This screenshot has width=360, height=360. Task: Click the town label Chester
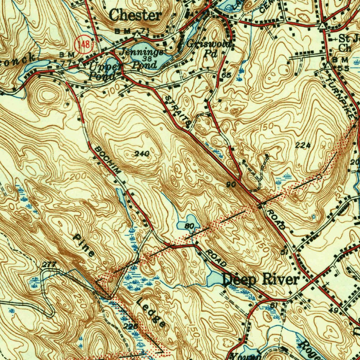pyautogui.click(x=135, y=15)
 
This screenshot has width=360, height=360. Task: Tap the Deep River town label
pyautogui.click(x=261, y=280)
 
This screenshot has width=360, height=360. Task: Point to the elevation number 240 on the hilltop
pyautogui.click(x=142, y=154)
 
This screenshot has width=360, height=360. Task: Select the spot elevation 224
pyautogui.click(x=303, y=146)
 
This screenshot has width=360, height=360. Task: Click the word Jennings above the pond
pyautogui.click(x=142, y=52)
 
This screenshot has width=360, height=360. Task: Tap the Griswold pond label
pyautogui.click(x=209, y=44)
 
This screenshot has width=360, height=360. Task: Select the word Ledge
pyautogui.click(x=151, y=313)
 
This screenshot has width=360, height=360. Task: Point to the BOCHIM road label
pyautogui.click(x=107, y=160)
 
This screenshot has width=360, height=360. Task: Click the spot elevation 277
pyautogui.click(x=50, y=265)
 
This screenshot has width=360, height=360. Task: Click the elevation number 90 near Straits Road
pyautogui.click(x=231, y=185)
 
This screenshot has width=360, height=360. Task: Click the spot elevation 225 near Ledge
pyautogui.click(x=130, y=327)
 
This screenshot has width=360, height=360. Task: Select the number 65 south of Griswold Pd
pyautogui.click(x=226, y=75)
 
